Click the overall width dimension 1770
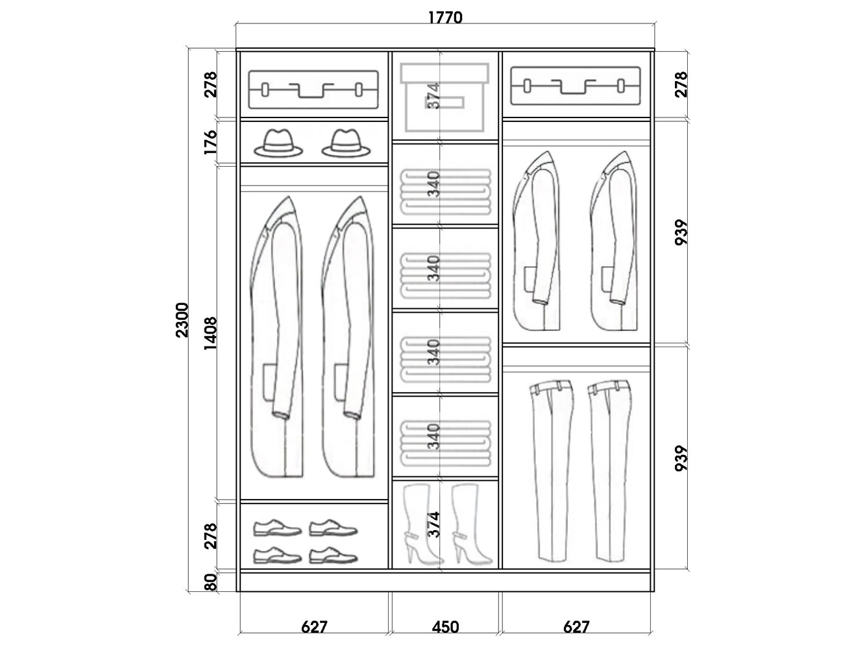[445, 18]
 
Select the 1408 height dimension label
[210, 334]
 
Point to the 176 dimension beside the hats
[210, 143]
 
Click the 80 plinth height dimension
[210, 583]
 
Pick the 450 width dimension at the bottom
[445, 627]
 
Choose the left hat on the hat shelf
[278, 143]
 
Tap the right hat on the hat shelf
[346, 143]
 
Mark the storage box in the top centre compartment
[445, 97]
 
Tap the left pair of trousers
[550, 471]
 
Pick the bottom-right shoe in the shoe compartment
[334, 556]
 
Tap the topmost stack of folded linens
[445, 192]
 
